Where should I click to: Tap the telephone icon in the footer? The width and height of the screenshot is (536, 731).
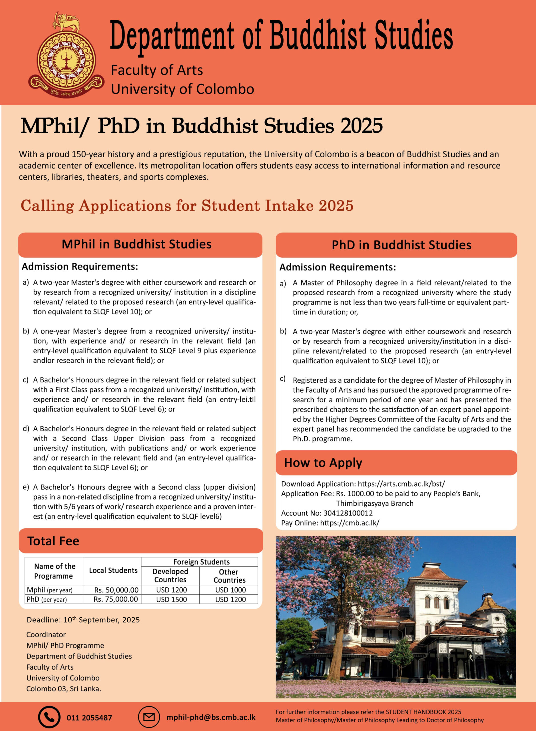pos(49,717)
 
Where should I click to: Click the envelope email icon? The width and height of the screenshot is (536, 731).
pos(149,717)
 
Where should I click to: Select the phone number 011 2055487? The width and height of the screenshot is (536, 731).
pos(89,718)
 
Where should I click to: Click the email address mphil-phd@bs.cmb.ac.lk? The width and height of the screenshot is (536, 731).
pos(211,717)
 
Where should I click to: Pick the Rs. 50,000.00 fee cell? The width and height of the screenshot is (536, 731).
pos(116,590)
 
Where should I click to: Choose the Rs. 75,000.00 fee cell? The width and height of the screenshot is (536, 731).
pos(116,599)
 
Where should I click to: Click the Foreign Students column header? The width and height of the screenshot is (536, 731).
pos(201,562)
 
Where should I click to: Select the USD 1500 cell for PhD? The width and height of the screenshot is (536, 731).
pos(171,599)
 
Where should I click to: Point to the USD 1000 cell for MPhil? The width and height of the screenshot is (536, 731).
pos(230,590)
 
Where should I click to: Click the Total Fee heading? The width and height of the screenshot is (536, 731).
pos(53,541)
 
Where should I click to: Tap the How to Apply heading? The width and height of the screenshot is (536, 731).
pos(323,463)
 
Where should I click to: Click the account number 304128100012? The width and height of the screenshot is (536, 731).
pos(348,513)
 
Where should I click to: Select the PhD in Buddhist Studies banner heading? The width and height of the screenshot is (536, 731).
pos(401,245)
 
